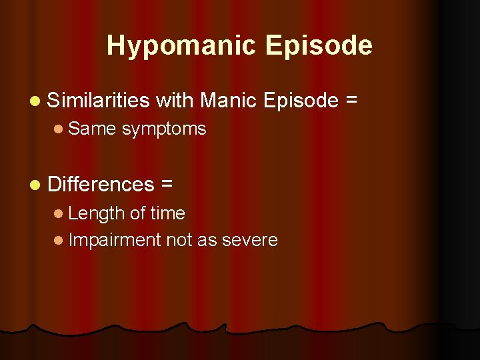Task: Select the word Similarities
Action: click(99, 101)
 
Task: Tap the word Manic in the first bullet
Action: click(229, 101)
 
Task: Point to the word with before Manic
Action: click(175, 101)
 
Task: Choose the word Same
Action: click(92, 129)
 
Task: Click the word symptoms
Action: click(164, 129)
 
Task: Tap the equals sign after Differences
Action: click(164, 184)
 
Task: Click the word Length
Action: click(97, 213)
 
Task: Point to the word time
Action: click(167, 213)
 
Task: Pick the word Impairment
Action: click(115, 240)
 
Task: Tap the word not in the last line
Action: click(179, 240)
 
